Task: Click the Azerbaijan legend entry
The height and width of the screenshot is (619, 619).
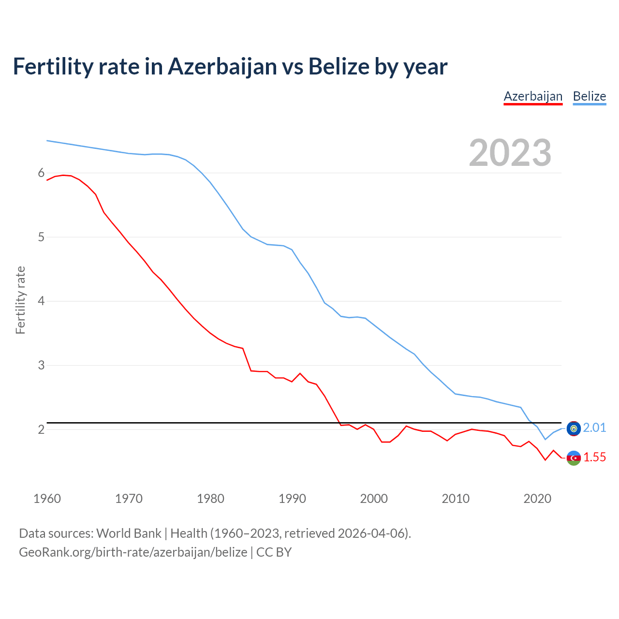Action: click(x=533, y=96)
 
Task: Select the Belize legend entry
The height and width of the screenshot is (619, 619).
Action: click(x=589, y=96)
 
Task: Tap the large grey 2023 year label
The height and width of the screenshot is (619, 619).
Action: click(x=510, y=153)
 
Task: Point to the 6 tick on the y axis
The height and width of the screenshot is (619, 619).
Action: click(x=41, y=173)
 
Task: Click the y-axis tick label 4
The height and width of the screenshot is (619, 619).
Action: click(x=41, y=301)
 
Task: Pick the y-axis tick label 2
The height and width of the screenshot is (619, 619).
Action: click(x=41, y=429)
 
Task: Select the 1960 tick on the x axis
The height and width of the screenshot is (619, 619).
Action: click(x=47, y=499)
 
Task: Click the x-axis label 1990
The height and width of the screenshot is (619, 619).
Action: click(x=292, y=499)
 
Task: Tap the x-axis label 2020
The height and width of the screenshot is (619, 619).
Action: click(x=537, y=499)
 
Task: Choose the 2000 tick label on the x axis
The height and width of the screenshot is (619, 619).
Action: click(x=374, y=499)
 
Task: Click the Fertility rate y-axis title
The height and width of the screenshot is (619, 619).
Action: click(x=20, y=300)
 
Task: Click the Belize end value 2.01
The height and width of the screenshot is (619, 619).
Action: click(x=594, y=427)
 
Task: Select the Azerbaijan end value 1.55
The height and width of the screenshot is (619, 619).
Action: click(x=594, y=457)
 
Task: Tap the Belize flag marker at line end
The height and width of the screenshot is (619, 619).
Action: click(x=574, y=428)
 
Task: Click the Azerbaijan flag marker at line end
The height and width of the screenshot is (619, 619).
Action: click(x=574, y=458)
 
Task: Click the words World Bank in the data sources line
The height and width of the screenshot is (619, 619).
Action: click(x=129, y=533)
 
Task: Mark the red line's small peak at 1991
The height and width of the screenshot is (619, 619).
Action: click(x=300, y=373)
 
